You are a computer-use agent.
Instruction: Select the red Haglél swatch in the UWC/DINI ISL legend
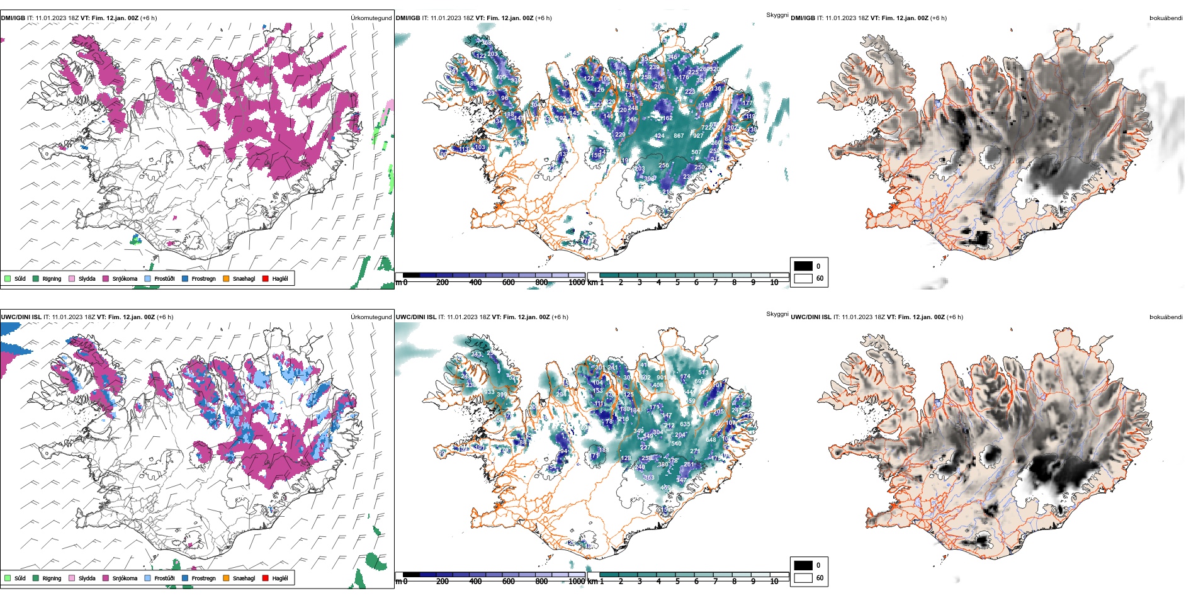click(266, 578)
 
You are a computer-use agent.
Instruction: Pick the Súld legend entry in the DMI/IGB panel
click(15, 278)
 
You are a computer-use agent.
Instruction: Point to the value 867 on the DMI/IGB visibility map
click(679, 135)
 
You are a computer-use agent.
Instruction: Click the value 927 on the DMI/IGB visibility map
click(698, 135)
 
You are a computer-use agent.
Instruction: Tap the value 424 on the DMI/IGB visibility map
click(659, 135)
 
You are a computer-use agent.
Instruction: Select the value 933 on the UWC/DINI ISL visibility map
click(489, 392)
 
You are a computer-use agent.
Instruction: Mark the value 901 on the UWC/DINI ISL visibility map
click(661, 378)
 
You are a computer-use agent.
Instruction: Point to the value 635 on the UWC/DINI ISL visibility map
click(685, 424)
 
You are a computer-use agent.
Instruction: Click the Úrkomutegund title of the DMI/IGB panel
click(371, 18)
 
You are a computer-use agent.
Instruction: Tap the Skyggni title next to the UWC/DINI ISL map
click(777, 313)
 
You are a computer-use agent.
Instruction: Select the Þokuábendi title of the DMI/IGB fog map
click(1166, 18)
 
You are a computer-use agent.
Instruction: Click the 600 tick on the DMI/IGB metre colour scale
click(508, 283)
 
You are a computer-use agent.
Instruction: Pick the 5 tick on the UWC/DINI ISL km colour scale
click(677, 582)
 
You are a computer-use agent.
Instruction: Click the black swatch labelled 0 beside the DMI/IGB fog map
click(803, 266)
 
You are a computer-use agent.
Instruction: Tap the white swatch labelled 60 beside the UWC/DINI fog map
click(803, 577)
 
